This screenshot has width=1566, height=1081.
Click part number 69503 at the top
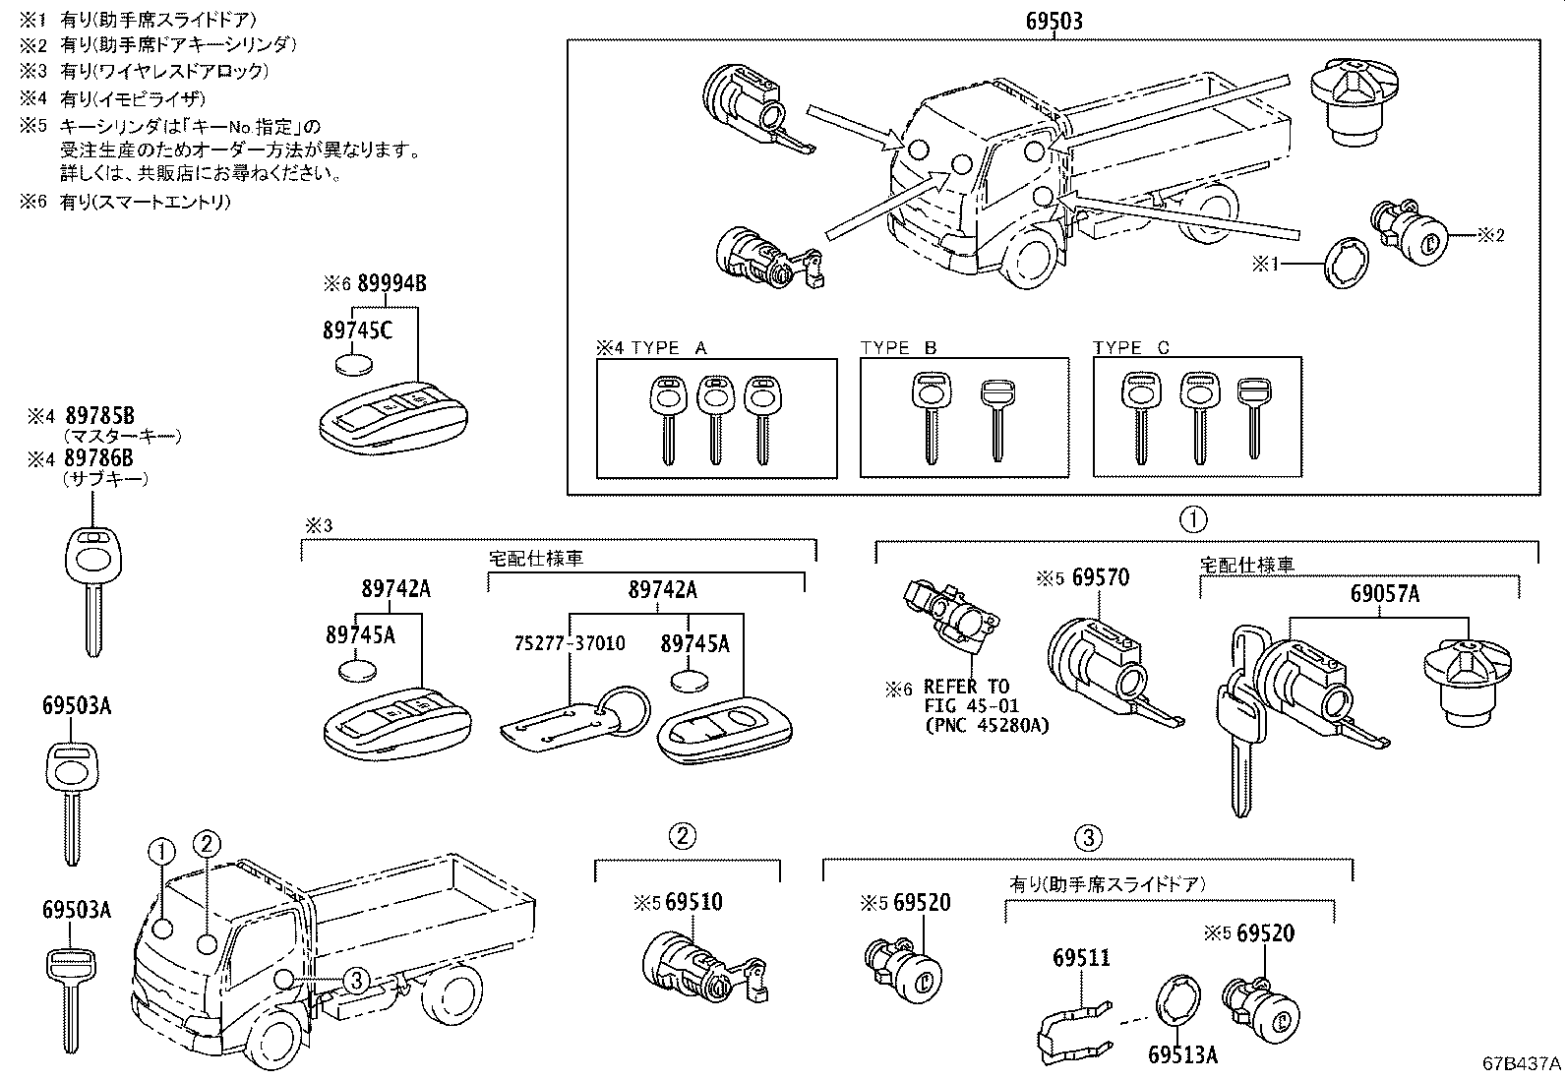pos(1054,20)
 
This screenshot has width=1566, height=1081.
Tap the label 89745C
pos(357,330)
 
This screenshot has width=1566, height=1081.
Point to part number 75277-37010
pos(570,643)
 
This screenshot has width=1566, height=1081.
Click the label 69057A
pos(1384,594)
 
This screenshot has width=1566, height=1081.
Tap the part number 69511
pos(1081,957)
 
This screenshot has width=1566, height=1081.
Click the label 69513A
pos(1182,1054)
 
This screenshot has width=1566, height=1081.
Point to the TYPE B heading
pos(898,348)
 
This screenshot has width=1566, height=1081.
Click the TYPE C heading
pos(1132,348)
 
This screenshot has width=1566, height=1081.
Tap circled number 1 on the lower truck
pos(162,853)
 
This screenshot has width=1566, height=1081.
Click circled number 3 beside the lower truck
pos(355,980)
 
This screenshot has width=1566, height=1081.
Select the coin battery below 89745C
pos(355,364)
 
